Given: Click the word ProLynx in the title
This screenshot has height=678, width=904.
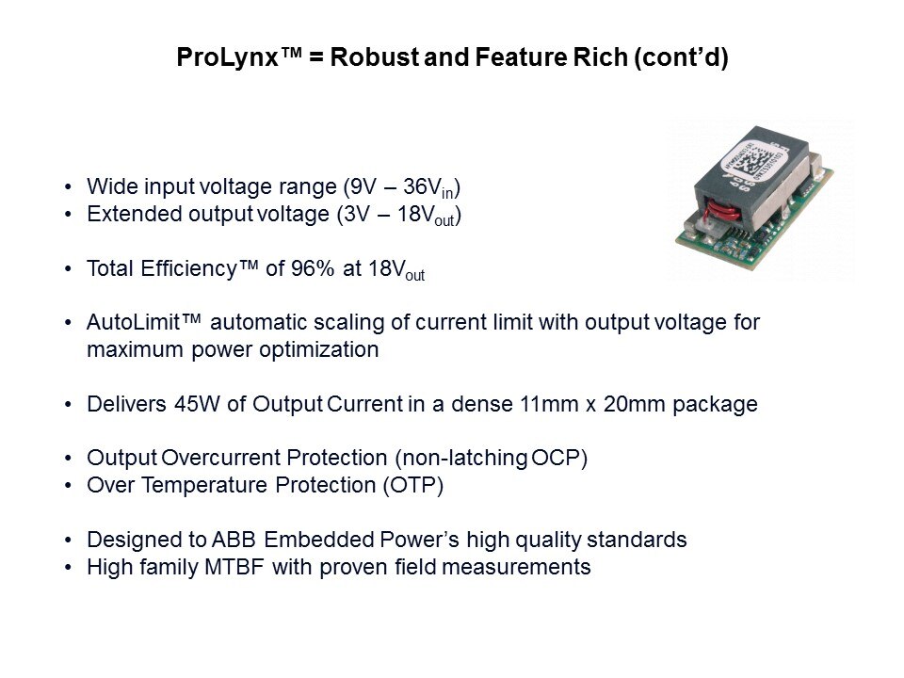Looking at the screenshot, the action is tap(227, 57).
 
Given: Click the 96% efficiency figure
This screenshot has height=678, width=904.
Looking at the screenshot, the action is tap(312, 268).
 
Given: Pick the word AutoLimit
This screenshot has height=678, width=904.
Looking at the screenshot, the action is tap(134, 322).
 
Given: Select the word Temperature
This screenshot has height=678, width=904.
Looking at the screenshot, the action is tap(204, 485).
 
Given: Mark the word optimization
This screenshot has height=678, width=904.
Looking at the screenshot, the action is tap(319, 349).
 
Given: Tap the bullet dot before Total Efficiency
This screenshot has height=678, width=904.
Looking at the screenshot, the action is tap(68, 269).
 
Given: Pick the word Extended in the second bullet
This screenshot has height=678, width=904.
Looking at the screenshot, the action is tap(135, 214).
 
